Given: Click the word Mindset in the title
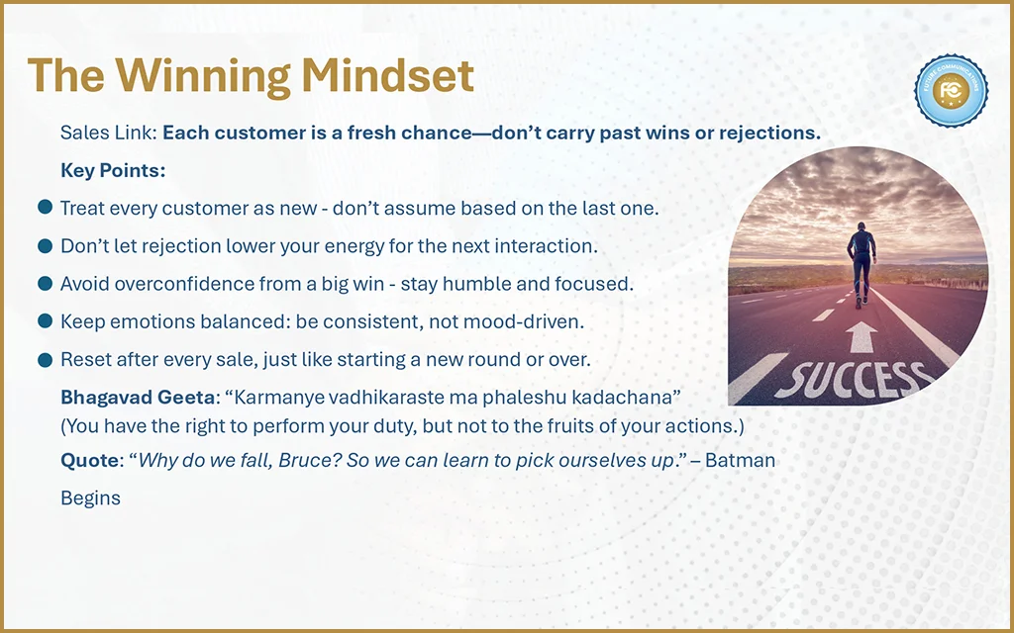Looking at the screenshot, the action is point(387,75).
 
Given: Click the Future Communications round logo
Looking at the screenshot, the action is point(951,90).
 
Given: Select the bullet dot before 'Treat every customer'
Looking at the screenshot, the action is point(45,208).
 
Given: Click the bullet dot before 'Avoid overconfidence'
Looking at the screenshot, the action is point(45,283).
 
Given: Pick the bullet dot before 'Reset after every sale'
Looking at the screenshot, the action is point(45,359).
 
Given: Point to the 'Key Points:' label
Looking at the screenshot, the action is point(113,170).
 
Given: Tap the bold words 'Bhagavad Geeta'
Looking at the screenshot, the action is point(138,397).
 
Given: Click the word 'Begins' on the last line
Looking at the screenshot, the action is point(90,498).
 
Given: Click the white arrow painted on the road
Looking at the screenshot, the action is point(861,336).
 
